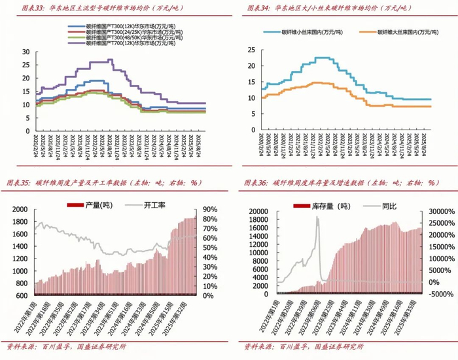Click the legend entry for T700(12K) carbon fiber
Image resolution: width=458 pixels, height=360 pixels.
pyautogui.click(x=124, y=43)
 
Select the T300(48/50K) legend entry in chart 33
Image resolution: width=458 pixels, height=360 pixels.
pyautogui.click(x=124, y=37)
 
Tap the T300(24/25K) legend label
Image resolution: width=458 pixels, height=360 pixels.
pyautogui.click(x=124, y=31)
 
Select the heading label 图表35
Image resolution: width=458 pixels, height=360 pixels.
pyautogui.click(x=17, y=183)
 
